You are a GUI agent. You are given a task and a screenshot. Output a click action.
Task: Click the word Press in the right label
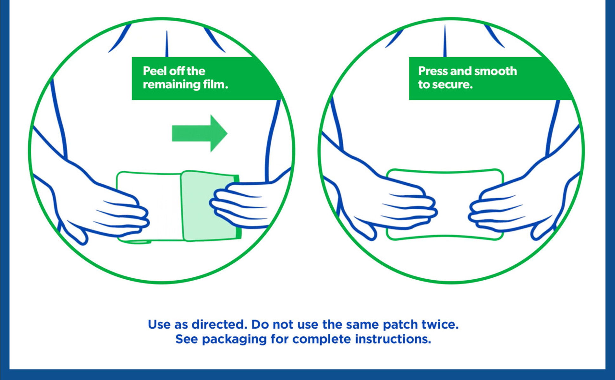point(433,71)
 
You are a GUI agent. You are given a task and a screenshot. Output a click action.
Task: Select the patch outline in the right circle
point(445,171)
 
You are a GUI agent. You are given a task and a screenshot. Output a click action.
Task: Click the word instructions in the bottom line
point(393,339)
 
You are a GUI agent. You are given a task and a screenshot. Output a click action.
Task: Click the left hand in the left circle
point(95,203)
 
